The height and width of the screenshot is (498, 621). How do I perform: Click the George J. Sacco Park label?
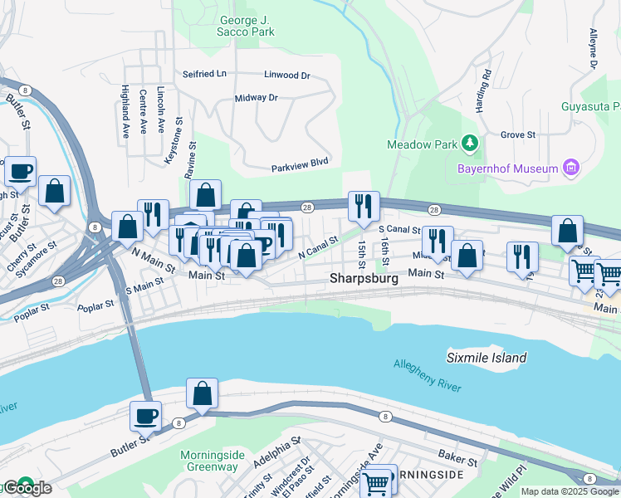click(247, 26)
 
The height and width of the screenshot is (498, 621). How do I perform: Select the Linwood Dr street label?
click(286, 75)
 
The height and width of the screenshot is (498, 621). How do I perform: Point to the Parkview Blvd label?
click(301, 168)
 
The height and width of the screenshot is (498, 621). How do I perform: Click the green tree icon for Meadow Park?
click(470, 144)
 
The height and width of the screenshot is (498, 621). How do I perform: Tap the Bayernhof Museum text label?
click(507, 169)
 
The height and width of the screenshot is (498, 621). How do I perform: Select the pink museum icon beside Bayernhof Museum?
click(570, 168)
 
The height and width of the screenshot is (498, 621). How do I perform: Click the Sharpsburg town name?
click(364, 279)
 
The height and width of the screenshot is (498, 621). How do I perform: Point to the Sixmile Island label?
click(487, 358)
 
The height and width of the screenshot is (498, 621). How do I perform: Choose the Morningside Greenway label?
click(213, 461)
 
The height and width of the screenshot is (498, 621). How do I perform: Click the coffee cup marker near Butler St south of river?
click(146, 416)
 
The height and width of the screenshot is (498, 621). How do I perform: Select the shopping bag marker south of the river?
click(202, 393)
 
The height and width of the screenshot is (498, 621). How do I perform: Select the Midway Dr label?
click(256, 98)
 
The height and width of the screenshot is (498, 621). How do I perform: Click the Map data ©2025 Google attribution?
click(570, 491)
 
